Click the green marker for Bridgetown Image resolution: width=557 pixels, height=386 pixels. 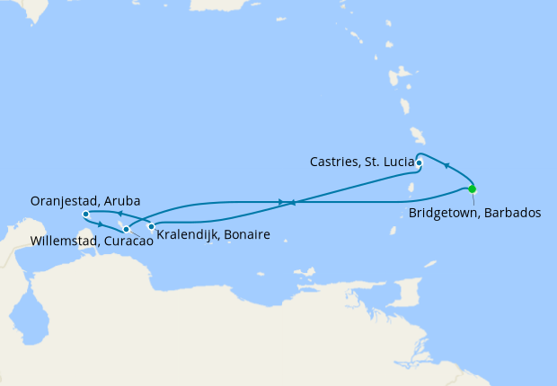click(473, 189)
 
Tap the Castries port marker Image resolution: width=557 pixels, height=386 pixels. click(420, 162)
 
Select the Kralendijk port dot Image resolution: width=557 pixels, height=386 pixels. click(151, 226)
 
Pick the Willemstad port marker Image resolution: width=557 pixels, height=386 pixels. click(127, 230)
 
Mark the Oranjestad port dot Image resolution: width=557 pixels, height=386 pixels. click(85, 215)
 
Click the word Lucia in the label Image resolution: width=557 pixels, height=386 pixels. click(393, 162)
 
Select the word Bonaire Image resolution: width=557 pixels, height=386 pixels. click(243, 235)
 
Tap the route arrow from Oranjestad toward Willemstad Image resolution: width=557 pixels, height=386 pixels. click(101, 224)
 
